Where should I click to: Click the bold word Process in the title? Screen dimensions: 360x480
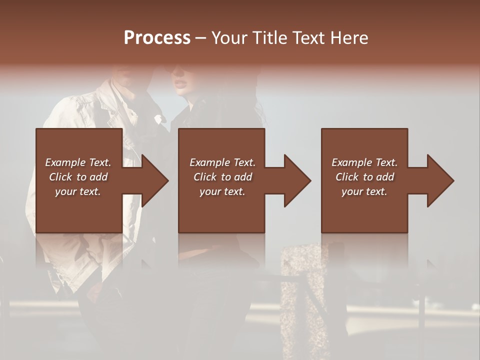click(x=157, y=38)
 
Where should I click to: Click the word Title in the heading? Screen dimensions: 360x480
click(x=271, y=38)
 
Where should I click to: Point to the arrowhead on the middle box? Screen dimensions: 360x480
click(x=297, y=180)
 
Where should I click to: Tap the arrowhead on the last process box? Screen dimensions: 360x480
click(x=440, y=180)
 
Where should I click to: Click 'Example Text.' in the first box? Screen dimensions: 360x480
click(x=78, y=162)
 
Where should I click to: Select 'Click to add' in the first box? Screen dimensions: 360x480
click(x=78, y=177)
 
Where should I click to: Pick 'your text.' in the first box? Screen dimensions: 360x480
click(x=78, y=191)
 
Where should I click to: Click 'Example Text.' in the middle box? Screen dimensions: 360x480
click(x=222, y=162)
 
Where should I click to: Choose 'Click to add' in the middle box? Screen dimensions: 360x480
click(x=222, y=177)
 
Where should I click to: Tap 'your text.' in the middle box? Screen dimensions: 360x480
click(x=222, y=191)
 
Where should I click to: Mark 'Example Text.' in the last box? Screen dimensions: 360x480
click(x=364, y=162)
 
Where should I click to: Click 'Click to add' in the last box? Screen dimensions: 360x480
click(x=364, y=177)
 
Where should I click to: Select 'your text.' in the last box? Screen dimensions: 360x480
click(x=364, y=191)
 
